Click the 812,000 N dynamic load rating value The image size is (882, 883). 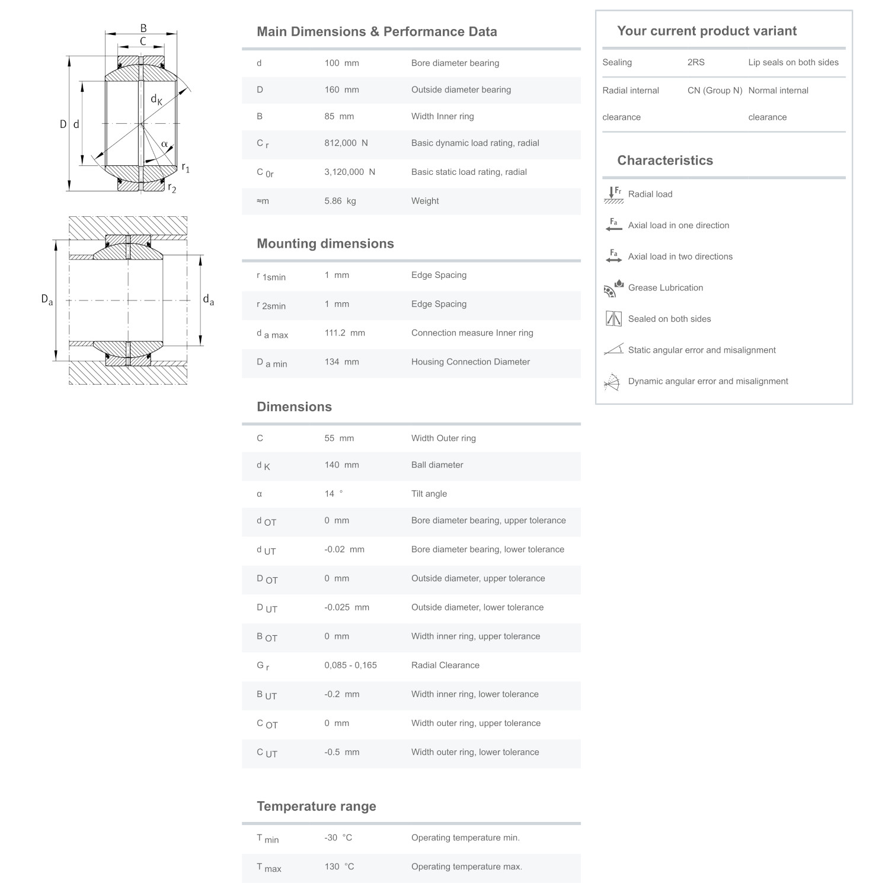click(346, 143)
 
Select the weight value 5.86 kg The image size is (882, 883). click(340, 201)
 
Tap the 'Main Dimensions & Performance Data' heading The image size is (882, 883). click(376, 31)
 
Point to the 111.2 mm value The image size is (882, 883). click(344, 333)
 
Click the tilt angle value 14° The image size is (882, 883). click(333, 494)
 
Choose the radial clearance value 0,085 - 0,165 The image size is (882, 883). click(350, 665)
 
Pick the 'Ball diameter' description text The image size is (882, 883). click(437, 465)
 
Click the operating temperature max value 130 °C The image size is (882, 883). click(339, 866)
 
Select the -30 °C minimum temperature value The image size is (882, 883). click(338, 837)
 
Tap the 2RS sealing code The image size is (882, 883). click(696, 62)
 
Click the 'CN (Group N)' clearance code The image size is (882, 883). click(715, 90)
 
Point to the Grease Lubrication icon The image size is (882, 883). click(613, 288)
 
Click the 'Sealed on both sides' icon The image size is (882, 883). click(613, 319)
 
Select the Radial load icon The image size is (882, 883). click(613, 194)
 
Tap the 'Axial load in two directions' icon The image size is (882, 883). click(613, 257)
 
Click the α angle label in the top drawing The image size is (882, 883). click(164, 144)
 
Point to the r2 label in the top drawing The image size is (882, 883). click(172, 188)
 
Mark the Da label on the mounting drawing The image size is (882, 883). click(47, 300)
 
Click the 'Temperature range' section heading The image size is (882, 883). click(316, 806)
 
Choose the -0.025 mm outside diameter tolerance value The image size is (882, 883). click(346, 607)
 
